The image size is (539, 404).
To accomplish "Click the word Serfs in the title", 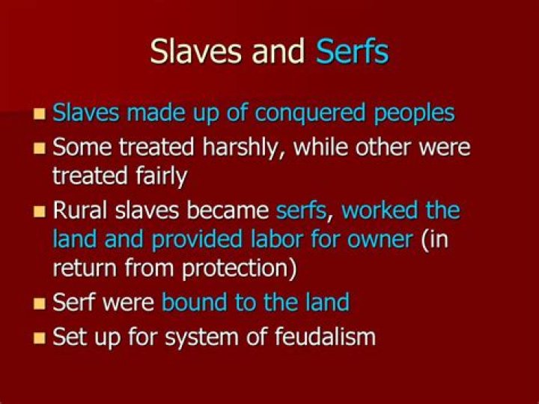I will [352, 52].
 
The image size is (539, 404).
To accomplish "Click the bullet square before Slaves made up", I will [40, 115].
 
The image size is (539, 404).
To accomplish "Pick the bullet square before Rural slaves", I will [40, 211].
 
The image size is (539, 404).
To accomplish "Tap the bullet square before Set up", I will [40, 338].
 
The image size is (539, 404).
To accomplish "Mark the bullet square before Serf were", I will [40, 304].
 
